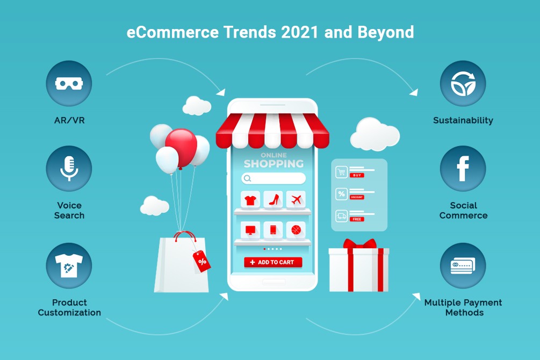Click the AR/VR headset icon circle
coord(69,83)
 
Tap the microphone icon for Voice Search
coord(69,169)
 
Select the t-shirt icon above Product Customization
coord(69,265)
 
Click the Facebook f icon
coord(463,169)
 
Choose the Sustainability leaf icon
coord(463,83)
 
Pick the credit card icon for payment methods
coord(463,265)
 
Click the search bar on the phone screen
coord(273,178)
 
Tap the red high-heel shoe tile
coord(273,199)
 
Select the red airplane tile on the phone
coord(296,199)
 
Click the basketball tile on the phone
coord(296,230)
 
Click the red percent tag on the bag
coord(202,262)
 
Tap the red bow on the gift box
coord(359,244)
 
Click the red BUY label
coord(357,175)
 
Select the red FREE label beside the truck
coord(357,219)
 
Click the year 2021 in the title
coord(299,32)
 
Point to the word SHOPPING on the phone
coord(274,164)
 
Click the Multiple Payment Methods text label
coord(463,308)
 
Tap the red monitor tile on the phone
coord(250,230)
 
